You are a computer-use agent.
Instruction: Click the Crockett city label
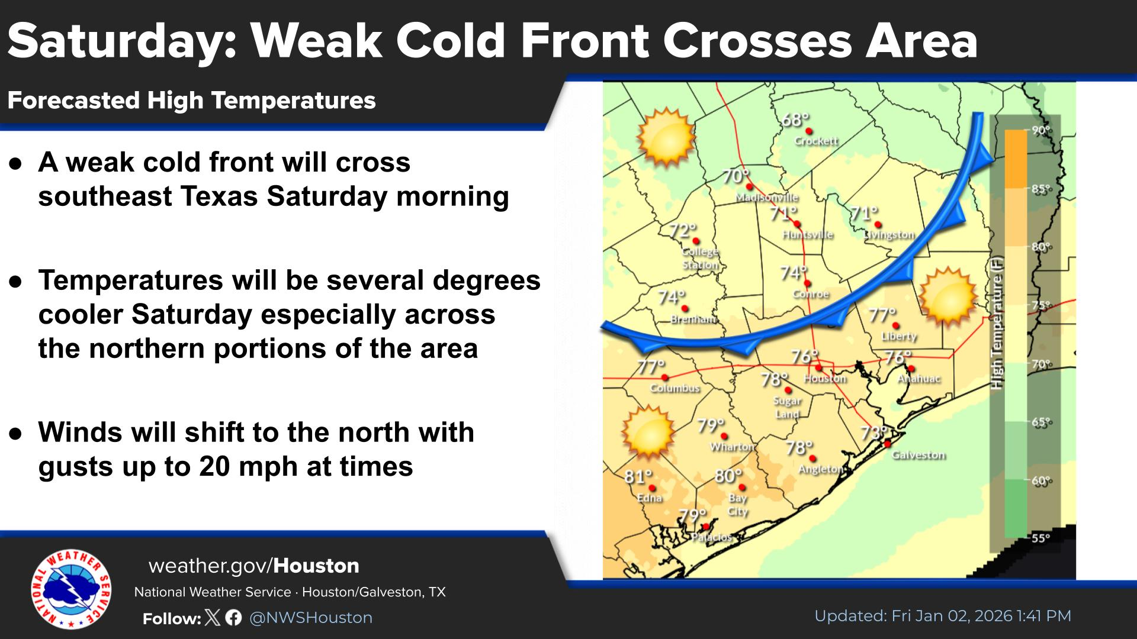816,141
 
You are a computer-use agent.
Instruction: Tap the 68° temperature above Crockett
795,120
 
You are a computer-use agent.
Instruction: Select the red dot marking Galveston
888,444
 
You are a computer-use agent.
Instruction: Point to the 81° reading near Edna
638,476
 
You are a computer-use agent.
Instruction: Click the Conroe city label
811,294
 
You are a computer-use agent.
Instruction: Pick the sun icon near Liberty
947,296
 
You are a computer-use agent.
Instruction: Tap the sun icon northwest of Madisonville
666,137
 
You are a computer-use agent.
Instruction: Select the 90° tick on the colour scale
1040,130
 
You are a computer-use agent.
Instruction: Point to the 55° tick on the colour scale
1040,538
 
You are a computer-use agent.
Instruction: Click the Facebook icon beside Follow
233,618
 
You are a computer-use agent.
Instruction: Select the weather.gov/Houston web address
254,566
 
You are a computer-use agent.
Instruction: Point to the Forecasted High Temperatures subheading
192,101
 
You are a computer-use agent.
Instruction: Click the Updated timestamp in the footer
943,616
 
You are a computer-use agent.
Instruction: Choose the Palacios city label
712,537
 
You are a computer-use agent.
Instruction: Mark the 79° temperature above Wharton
711,426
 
